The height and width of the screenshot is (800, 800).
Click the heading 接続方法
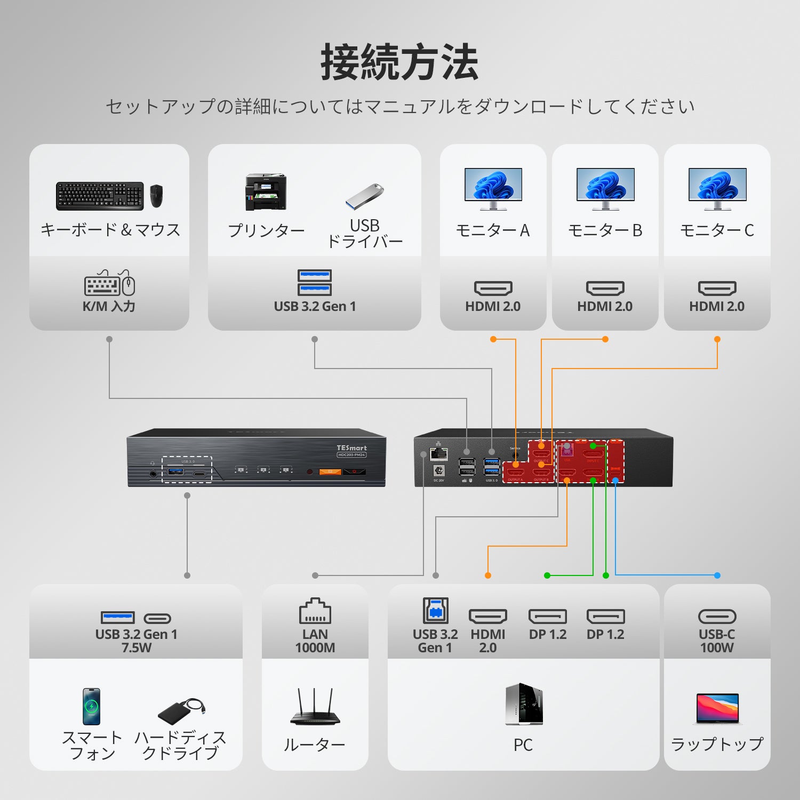pos(399,62)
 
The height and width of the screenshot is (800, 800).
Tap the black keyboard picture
pos(100,196)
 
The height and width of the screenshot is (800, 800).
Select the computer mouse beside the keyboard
pos(156,196)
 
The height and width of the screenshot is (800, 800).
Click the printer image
pos(266,192)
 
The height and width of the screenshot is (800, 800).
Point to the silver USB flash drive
pos(364,196)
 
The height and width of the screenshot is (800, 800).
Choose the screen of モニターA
pos(493,185)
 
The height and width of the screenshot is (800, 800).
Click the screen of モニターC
pos(717,185)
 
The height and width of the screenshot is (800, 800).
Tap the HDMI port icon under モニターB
pos(605,288)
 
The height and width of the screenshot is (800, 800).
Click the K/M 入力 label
pos(109,307)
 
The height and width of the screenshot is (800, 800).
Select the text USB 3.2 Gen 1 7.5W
pos(136,641)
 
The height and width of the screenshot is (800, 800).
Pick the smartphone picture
pos(91,707)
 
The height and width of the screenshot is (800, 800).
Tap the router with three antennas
pos(315,707)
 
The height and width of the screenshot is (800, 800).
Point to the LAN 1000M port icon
pos(315,611)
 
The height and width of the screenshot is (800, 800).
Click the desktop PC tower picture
pos(524,704)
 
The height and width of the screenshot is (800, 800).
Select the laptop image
pos(717,708)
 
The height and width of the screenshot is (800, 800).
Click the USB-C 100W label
pos(717,641)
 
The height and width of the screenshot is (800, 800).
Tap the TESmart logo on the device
pos(351,448)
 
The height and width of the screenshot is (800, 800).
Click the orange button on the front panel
pos(330,471)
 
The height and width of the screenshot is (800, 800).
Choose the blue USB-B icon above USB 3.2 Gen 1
pos(435,611)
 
